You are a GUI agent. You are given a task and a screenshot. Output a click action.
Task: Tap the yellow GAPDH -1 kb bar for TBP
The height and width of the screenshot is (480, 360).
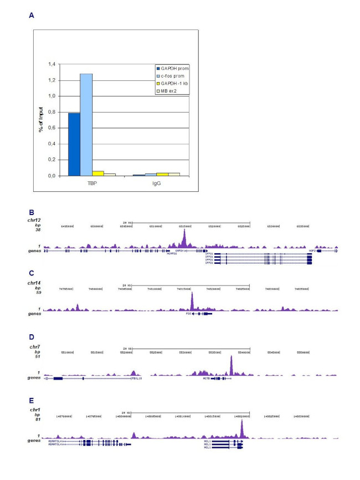pyautogui.click(x=98, y=173)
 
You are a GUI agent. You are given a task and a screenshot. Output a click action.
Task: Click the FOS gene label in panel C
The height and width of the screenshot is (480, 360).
pyautogui.click(x=188, y=314)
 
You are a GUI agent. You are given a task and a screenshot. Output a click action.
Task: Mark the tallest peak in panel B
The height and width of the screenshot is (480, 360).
pyautogui.click(x=184, y=233)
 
